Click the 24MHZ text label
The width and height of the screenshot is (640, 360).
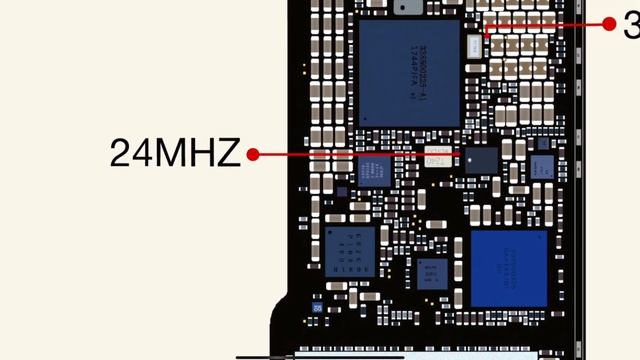175,154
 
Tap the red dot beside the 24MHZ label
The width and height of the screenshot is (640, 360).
253,155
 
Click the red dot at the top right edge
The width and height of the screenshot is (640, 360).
610,25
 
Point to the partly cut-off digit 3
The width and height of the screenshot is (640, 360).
632,24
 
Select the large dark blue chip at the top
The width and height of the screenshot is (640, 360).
409,72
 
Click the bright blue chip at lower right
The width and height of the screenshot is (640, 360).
509,267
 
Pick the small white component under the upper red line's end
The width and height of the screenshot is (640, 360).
476,43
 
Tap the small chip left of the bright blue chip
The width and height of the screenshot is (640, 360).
433,271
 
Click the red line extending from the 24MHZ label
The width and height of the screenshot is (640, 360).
350,155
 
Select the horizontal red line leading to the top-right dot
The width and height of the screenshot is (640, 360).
545,25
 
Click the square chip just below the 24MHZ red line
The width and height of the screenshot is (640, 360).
373,172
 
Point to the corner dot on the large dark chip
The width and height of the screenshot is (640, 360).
366,118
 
